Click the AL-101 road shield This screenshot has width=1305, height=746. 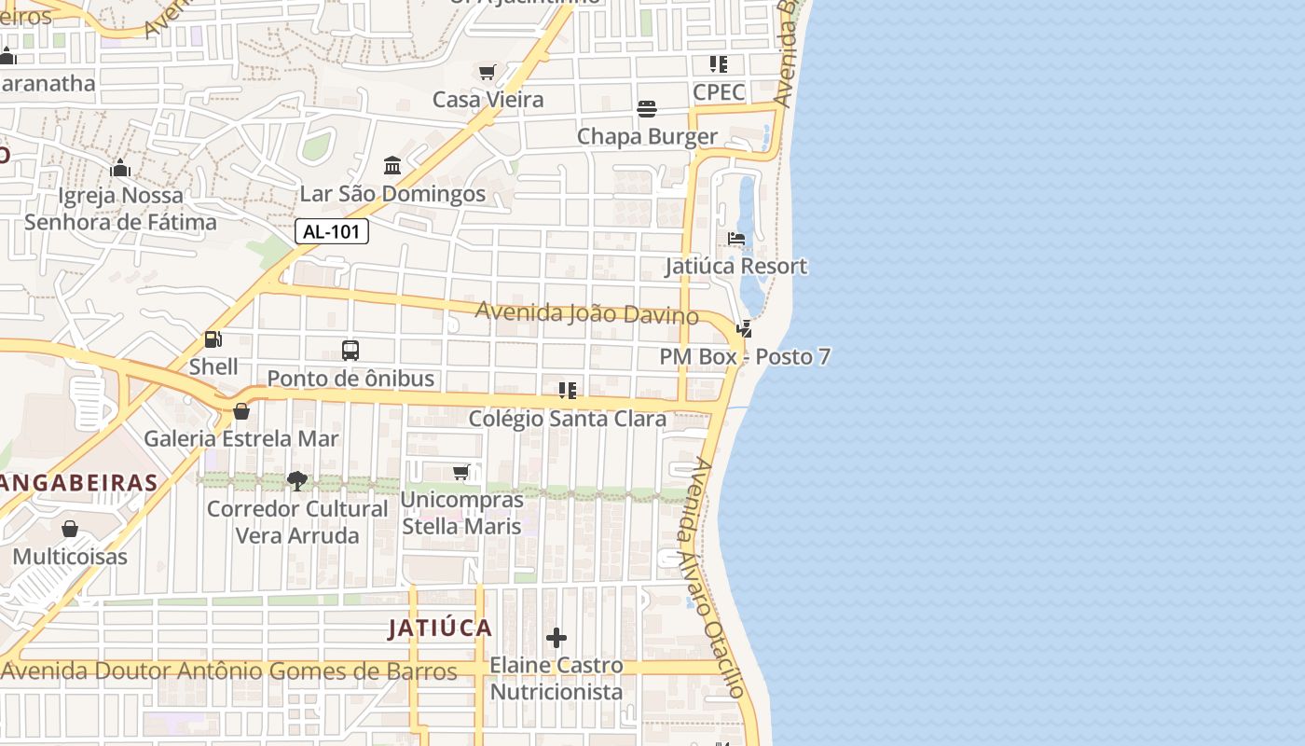[332, 232]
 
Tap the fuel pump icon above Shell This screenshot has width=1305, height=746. [213, 340]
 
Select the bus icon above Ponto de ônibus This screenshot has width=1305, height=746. [350, 352]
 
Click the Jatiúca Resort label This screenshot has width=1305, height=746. [735, 267]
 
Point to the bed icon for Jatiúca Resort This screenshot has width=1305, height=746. [736, 239]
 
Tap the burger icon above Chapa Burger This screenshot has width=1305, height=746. [647, 109]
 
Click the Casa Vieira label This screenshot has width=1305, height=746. [488, 100]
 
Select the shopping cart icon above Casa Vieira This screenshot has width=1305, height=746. [487, 73]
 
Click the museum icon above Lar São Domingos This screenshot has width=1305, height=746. [392, 166]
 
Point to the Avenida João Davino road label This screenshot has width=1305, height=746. [586, 313]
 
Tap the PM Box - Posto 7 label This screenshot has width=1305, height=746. [745, 357]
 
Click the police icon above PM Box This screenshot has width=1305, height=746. [744, 329]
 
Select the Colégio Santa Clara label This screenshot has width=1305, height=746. [567, 419]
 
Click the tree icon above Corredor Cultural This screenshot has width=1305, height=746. [297, 481]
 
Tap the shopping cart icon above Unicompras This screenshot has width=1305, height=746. [461, 473]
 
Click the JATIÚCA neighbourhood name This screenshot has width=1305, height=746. [440, 629]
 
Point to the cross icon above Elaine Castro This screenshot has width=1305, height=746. [556, 638]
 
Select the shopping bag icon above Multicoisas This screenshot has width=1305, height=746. [70, 530]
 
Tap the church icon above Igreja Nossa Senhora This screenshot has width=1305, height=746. [120, 169]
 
